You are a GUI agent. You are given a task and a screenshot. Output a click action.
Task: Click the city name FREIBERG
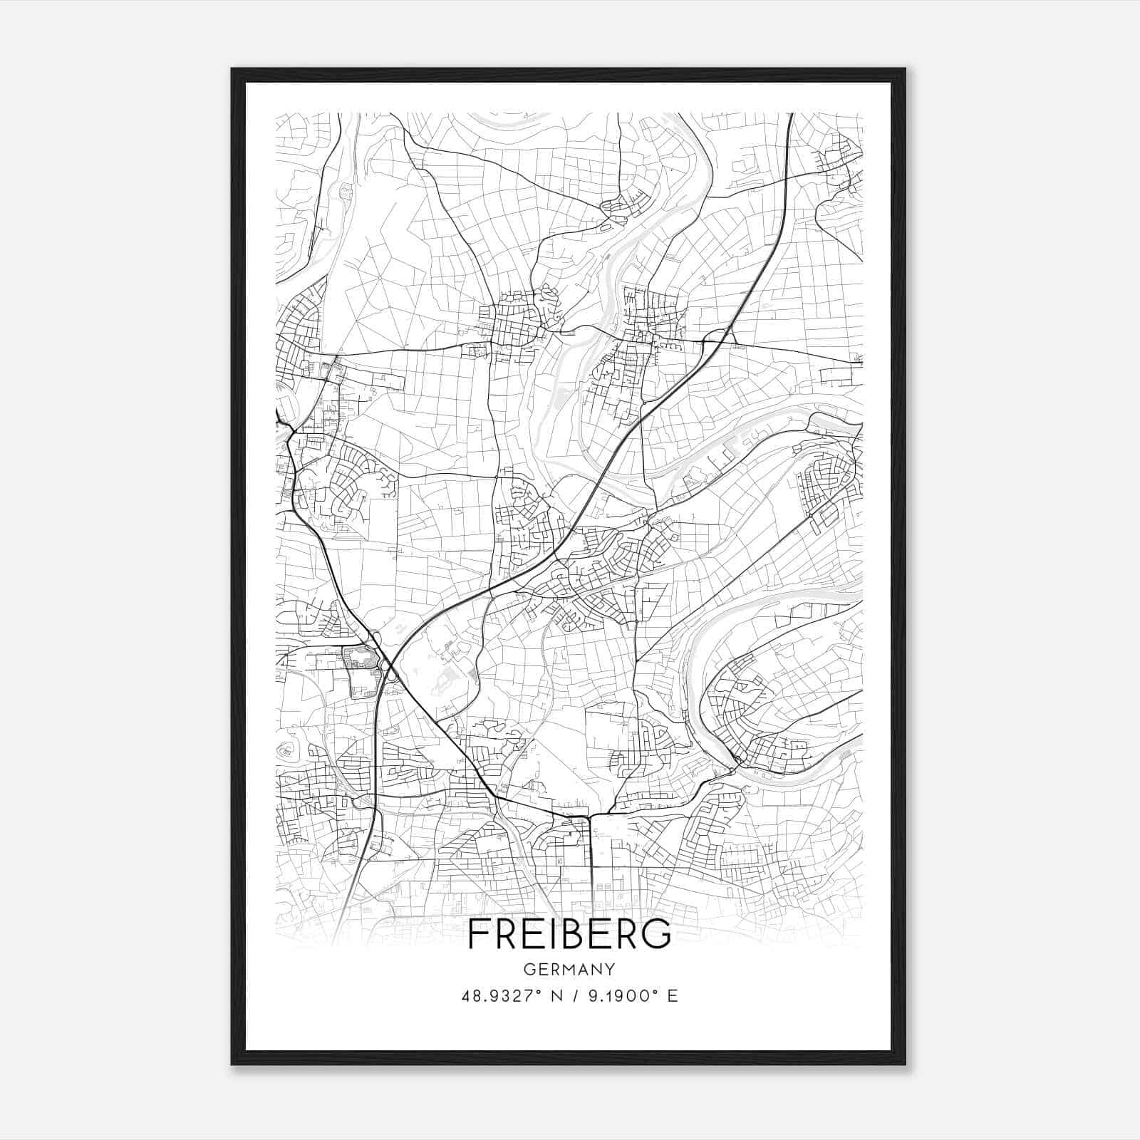point(569,933)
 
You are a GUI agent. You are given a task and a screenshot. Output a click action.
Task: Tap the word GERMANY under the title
point(569,970)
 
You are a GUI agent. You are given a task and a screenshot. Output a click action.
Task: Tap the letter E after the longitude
point(672,996)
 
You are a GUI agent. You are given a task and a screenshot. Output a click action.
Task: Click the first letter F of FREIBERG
point(480,933)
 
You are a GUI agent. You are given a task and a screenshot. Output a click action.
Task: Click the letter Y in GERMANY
point(610,970)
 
